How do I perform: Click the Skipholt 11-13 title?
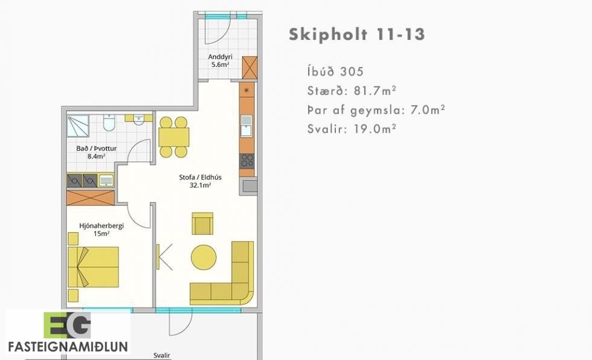coord(357,34)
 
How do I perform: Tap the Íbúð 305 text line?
coord(335,71)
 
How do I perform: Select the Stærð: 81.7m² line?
coord(352,91)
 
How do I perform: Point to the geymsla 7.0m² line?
coord(376,110)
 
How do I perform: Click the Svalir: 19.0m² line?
coord(352,129)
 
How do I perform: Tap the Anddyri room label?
coord(220,60)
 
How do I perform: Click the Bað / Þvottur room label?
coord(96,152)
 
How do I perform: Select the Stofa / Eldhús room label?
coord(200,181)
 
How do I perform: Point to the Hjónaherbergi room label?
coord(101,230)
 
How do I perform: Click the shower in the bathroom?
coord(78,126)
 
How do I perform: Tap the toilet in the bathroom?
coord(109,123)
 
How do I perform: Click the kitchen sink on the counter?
coord(246,126)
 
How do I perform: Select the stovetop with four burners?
coord(247,161)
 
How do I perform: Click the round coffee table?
coord(204,257)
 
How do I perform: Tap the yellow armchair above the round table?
coord(202,223)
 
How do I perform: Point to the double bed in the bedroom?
coord(93,267)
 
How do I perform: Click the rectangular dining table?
coord(174,137)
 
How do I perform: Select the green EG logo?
coord(67,326)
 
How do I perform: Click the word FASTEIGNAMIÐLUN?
coord(68,347)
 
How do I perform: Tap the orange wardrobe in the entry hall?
coord(249,68)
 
